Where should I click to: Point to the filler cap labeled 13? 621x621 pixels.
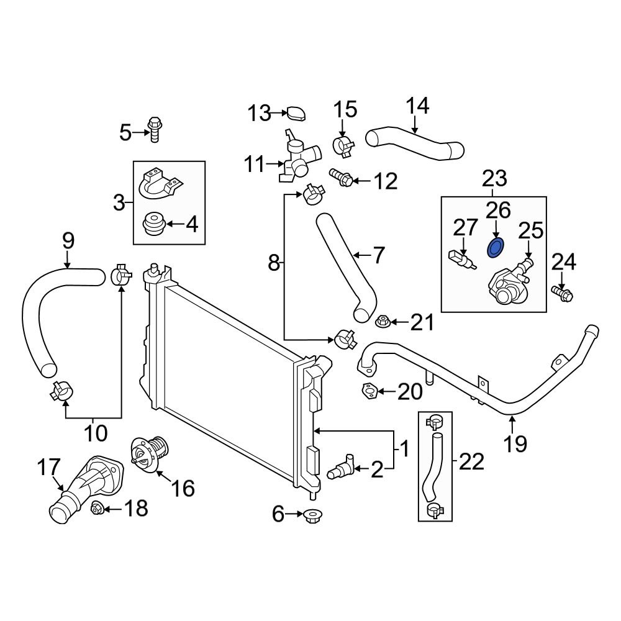[296, 114]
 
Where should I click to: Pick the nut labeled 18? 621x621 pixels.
[96, 509]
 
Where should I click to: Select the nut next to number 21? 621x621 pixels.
[381, 322]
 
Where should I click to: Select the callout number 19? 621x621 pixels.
[515, 443]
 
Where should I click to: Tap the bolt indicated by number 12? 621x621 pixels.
[341, 179]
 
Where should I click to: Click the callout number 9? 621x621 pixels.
[68, 240]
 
